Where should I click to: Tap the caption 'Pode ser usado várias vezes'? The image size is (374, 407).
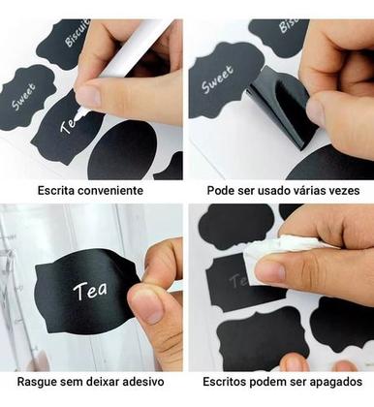coord(282,191)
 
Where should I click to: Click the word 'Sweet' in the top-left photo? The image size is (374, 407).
coord(24,96)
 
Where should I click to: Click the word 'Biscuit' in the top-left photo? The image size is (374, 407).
coord(78,33)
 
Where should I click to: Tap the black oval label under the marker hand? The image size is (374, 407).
coord(121,150)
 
